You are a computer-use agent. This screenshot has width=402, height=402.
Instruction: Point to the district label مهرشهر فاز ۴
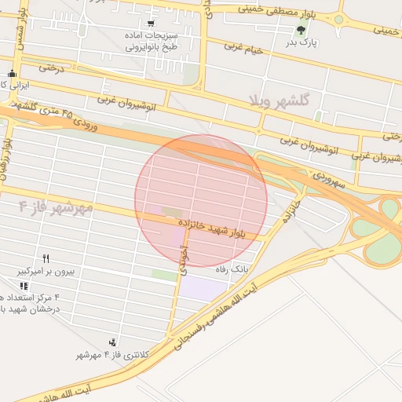click(x=55, y=207)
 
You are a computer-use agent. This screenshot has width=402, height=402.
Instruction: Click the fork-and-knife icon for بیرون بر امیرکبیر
click(x=47, y=258)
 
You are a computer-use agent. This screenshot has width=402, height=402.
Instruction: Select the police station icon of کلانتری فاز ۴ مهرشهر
click(x=114, y=342)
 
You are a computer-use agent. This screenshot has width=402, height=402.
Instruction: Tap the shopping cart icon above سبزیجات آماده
click(x=151, y=24)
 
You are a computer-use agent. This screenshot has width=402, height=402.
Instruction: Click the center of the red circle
click(x=201, y=200)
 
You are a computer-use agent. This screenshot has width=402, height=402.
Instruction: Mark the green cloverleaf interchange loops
click(x=386, y=228)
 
